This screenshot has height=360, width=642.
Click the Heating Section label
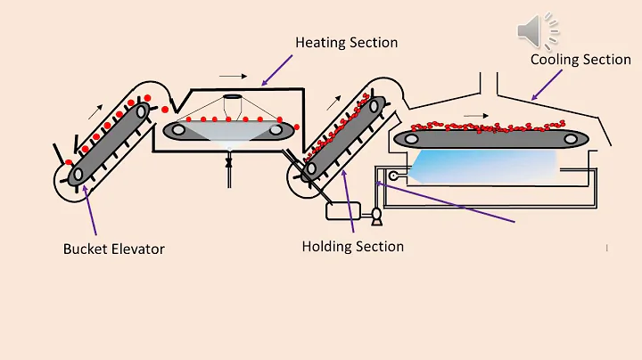click(x=347, y=42)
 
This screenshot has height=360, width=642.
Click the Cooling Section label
click(x=580, y=60)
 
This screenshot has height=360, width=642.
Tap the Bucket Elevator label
click(x=114, y=248)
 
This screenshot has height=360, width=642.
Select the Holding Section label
click(x=353, y=246)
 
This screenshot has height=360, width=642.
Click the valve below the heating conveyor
click(x=229, y=163)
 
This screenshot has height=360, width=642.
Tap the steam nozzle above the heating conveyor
click(x=231, y=99)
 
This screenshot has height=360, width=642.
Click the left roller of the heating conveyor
click(x=178, y=130)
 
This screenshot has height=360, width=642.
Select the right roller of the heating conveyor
click(x=276, y=131)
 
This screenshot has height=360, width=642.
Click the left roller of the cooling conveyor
click(x=412, y=137)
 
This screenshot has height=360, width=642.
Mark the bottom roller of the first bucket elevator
click(x=78, y=174)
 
